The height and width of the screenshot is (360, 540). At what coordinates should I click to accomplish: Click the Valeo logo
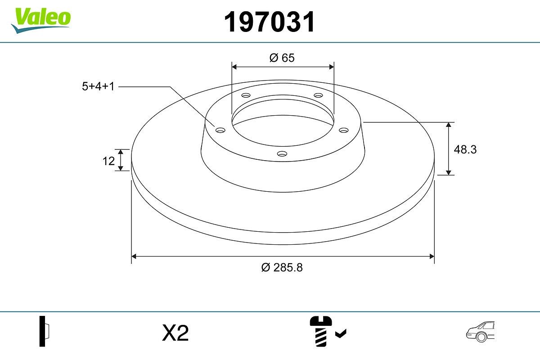click(x=41, y=19)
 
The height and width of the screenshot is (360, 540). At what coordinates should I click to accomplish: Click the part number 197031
click(x=270, y=22)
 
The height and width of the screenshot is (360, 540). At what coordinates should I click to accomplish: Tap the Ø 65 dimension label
click(x=282, y=58)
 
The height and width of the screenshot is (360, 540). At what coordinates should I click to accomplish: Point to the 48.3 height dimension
click(x=465, y=149)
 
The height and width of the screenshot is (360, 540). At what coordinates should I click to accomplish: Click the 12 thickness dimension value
click(x=108, y=161)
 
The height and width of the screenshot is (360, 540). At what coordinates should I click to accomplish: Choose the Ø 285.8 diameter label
click(x=282, y=267)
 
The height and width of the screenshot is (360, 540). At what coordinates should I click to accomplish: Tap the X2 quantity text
click(x=175, y=333)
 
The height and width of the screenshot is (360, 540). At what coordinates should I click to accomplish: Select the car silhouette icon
click(x=480, y=332)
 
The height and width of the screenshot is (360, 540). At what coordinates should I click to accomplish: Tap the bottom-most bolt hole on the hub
click(x=282, y=154)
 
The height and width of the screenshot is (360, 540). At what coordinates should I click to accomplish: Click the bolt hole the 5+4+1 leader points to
click(x=220, y=130)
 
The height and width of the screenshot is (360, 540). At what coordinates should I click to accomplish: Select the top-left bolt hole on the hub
click(x=245, y=95)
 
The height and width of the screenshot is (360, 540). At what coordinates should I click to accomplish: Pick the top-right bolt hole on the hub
click(x=319, y=95)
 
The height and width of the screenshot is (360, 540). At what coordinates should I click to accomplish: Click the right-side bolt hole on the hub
click(x=344, y=130)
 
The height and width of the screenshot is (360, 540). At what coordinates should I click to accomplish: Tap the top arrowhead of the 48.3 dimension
click(x=449, y=125)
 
